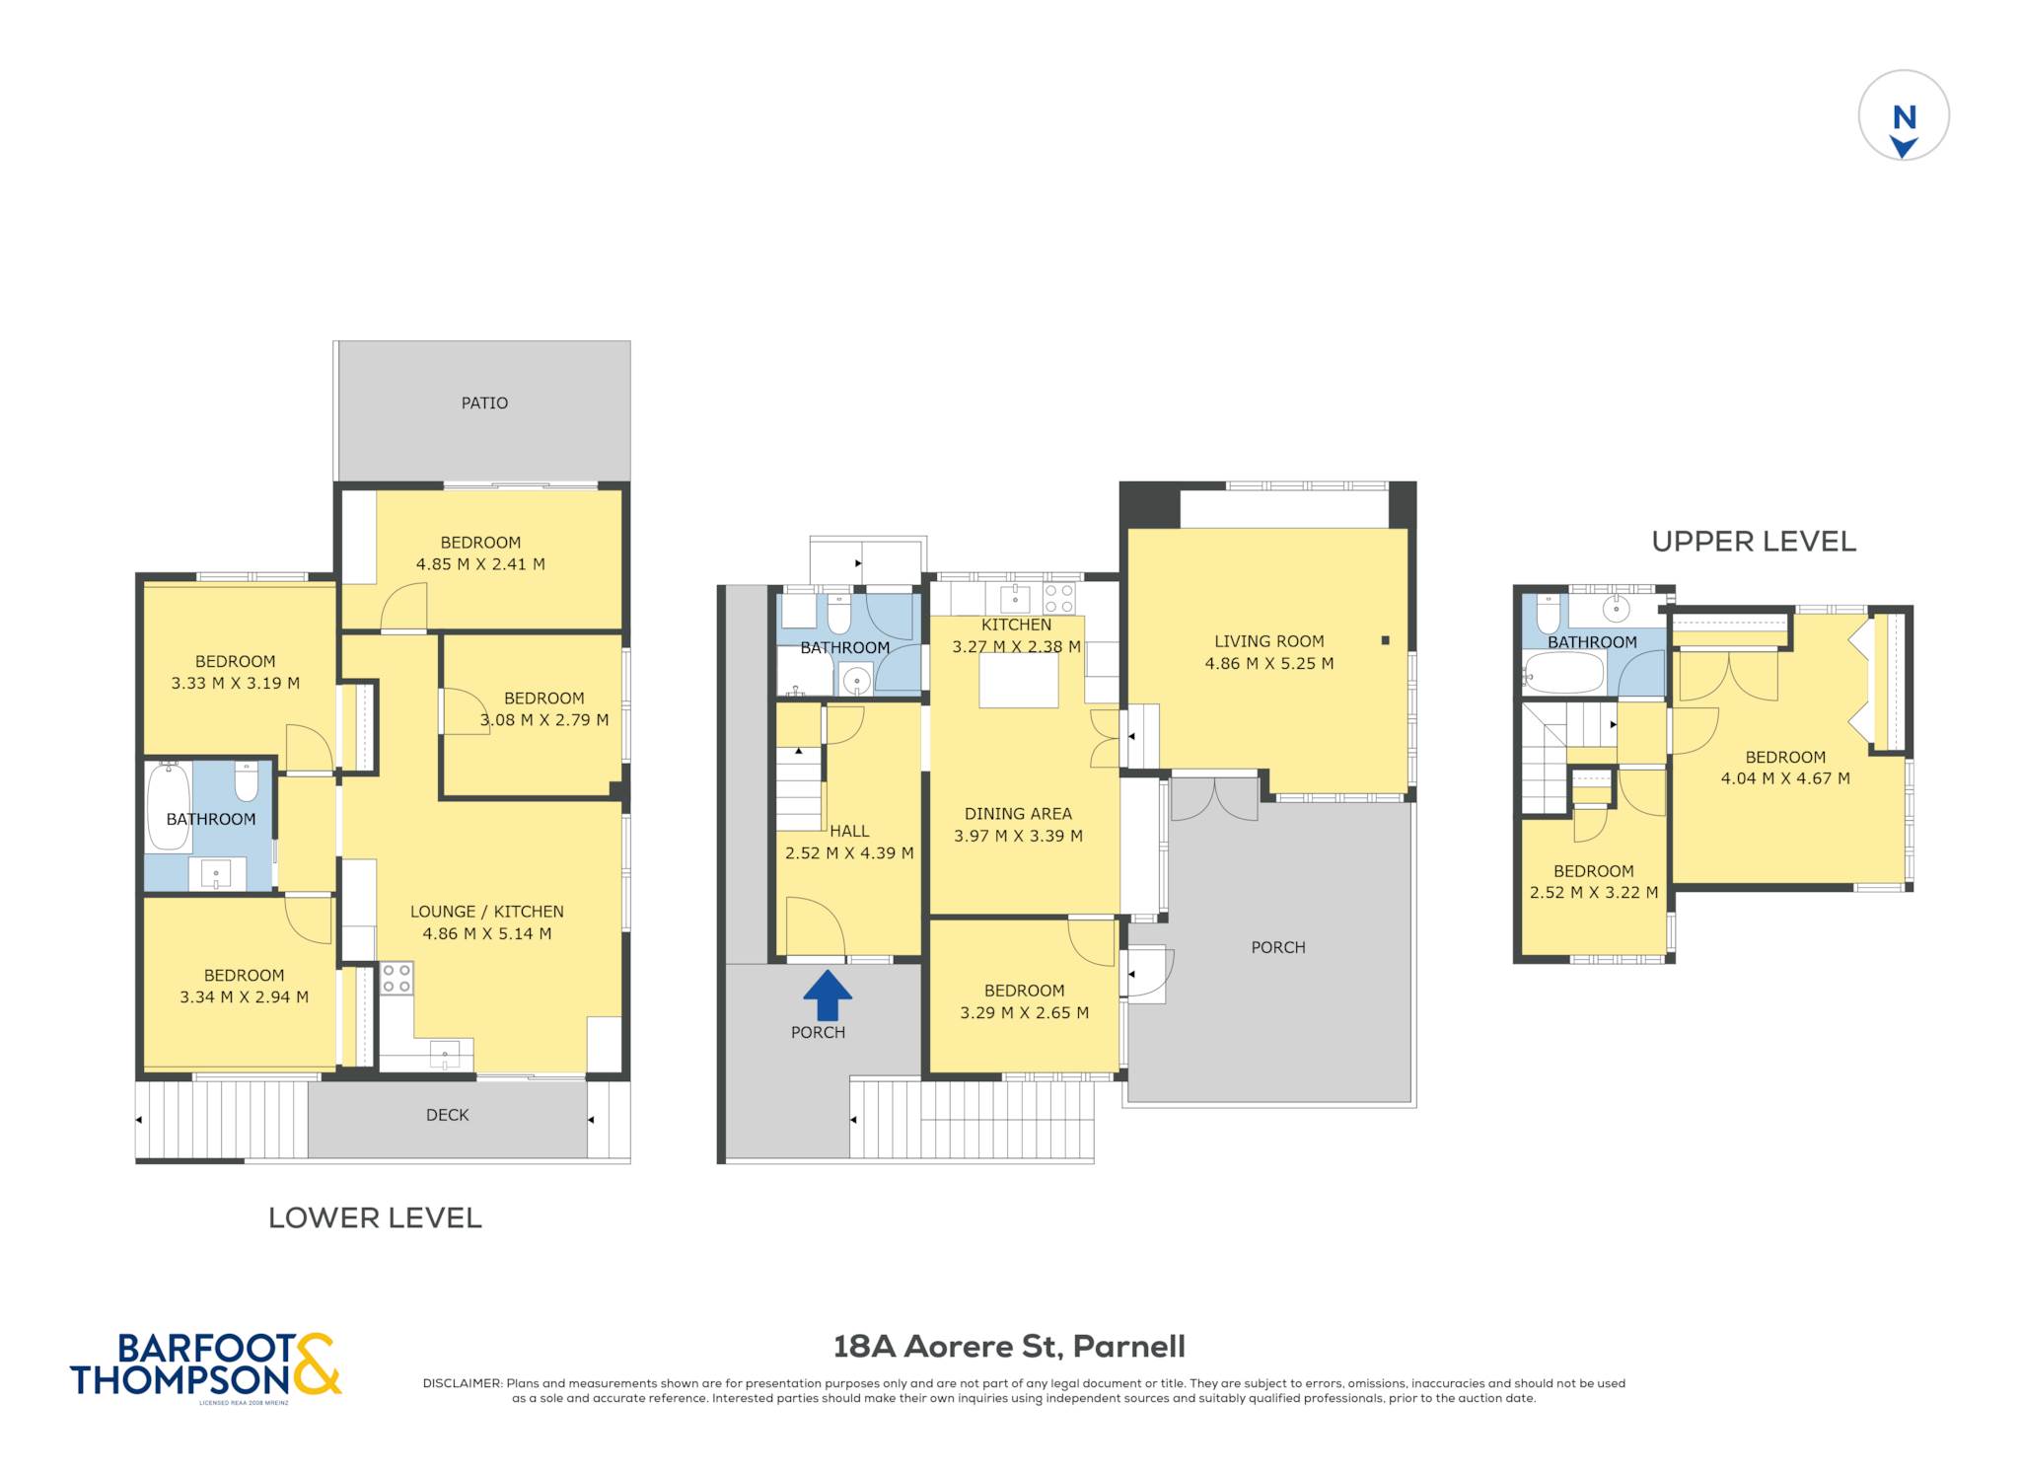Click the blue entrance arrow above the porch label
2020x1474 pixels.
click(827, 995)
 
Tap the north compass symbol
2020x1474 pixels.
click(1904, 115)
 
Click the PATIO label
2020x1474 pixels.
click(484, 403)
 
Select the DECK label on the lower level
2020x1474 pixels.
click(447, 1115)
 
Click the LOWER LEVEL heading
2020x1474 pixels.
click(375, 1217)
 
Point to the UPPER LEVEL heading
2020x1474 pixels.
click(1754, 541)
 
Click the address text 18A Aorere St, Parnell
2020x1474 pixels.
click(1009, 1347)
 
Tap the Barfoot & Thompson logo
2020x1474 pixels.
click(205, 1366)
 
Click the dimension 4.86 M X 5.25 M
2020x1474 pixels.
click(1268, 664)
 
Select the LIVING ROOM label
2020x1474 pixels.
click(1268, 641)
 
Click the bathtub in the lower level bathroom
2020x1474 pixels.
click(169, 806)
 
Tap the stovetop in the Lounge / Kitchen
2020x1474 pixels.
click(397, 979)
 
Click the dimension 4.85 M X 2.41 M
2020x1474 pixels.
click(480, 564)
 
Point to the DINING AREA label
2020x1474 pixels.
click(1018, 814)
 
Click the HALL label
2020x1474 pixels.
click(849, 832)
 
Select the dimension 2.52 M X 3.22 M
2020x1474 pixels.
click(1594, 893)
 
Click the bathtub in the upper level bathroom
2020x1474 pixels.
click(1564, 673)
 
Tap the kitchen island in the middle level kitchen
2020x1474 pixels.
click(1019, 680)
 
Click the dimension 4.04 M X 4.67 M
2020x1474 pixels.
click(1785, 778)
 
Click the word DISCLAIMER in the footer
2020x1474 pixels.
click(463, 1383)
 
